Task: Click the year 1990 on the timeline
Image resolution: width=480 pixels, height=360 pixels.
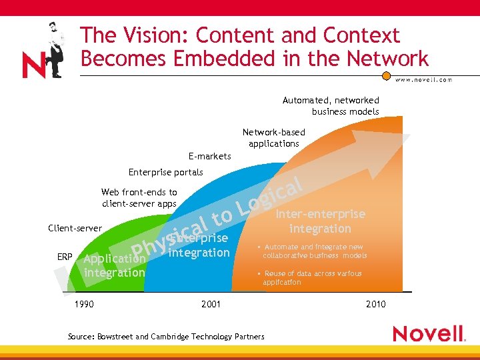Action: (83, 305)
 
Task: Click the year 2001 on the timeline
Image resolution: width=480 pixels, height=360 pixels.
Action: (211, 305)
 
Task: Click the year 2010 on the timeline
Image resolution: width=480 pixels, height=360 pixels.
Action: (375, 305)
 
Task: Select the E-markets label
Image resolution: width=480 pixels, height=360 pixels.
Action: (209, 157)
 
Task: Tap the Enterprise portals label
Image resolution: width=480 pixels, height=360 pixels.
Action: (165, 173)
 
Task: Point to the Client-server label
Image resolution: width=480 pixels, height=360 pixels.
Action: (75, 229)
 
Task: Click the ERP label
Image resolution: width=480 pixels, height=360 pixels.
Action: (65, 257)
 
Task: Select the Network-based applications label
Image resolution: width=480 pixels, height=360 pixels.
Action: (273, 138)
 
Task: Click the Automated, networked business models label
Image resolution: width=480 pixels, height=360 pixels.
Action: (331, 106)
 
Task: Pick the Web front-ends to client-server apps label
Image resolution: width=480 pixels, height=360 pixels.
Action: (139, 198)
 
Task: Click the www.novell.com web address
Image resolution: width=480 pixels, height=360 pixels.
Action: (423, 79)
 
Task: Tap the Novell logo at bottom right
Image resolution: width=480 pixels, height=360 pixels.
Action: (429, 333)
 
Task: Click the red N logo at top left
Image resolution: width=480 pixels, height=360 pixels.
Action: (33, 65)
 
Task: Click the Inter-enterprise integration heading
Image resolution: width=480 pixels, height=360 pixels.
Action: (321, 221)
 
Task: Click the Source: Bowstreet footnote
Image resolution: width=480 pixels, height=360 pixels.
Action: (166, 337)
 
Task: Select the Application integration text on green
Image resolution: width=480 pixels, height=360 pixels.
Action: (114, 265)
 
